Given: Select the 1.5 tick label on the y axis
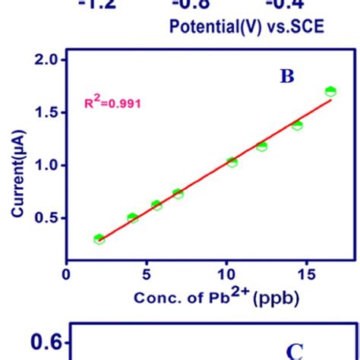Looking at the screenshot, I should click(45, 112).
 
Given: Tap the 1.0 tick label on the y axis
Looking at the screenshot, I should click(45, 165).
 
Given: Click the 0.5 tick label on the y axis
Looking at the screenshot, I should click(45, 218).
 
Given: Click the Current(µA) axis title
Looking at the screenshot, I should click(17, 166).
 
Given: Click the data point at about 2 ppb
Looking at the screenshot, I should click(99, 238).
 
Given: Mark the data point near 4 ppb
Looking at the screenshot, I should click(133, 218).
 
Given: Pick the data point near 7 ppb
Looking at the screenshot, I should click(178, 194).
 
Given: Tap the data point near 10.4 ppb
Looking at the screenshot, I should click(232, 162).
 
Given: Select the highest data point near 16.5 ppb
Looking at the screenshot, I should click(330, 91).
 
